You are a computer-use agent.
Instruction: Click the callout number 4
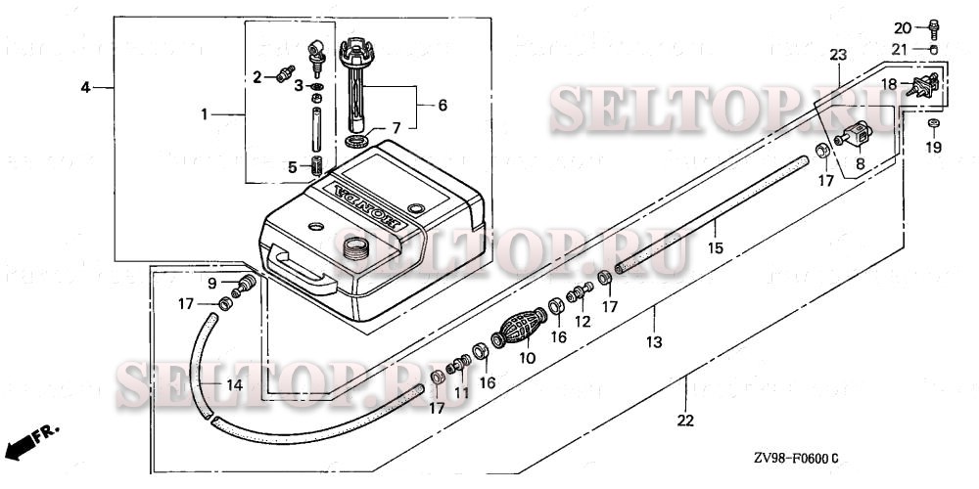point(85,88)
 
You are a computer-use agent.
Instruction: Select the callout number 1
point(205,114)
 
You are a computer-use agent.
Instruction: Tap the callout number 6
point(442,105)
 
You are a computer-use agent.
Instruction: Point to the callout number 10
point(528,359)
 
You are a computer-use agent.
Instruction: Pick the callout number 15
point(716,249)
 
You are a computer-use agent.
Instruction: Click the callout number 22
point(686,421)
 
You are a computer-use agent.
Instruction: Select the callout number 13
point(654,342)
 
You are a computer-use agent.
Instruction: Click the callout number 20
point(903,26)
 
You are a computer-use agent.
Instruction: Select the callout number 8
point(860,166)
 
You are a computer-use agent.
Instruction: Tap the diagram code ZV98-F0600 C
point(795,458)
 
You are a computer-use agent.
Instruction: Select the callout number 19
point(933,148)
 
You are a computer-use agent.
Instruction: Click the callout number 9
point(211,284)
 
